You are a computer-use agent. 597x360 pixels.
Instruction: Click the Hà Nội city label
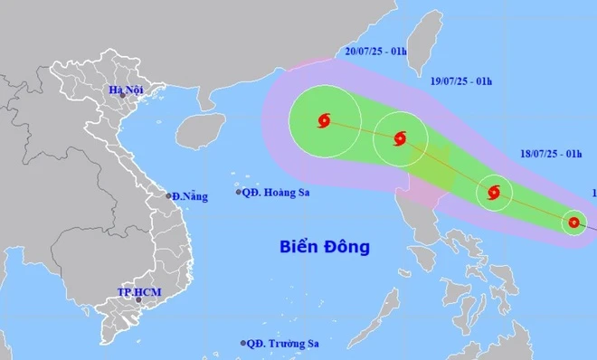tap(126, 90)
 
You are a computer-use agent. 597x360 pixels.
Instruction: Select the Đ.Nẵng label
tap(189, 195)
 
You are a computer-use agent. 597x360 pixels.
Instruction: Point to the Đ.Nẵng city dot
tap(168, 195)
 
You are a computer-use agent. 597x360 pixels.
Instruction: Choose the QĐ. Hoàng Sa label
tap(276, 192)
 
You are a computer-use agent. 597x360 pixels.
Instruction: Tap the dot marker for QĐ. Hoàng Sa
tap(239, 192)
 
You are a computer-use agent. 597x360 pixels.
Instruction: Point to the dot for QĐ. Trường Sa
tap(244, 343)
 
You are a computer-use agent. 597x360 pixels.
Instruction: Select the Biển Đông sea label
tap(325, 246)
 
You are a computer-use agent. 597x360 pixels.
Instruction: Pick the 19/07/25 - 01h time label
tap(461, 82)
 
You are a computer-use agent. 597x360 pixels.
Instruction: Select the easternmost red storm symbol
tap(573, 222)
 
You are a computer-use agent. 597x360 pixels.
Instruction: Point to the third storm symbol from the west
tap(494, 192)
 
